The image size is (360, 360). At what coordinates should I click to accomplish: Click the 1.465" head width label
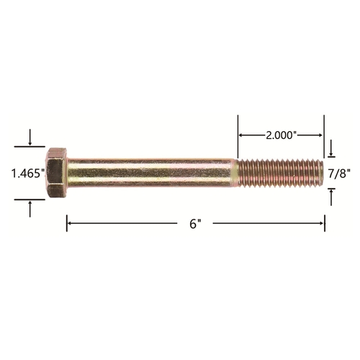[x=28, y=174]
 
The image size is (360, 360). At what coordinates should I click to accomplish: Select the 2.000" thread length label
[x=280, y=135]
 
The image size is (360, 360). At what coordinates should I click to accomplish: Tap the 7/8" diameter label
[x=339, y=174]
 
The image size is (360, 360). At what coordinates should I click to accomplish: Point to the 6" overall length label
[x=195, y=224]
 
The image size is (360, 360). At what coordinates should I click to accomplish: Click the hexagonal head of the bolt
[x=57, y=173]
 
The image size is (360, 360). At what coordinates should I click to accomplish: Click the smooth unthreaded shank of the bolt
[x=151, y=173]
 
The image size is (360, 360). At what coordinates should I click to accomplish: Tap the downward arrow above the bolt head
[x=30, y=138]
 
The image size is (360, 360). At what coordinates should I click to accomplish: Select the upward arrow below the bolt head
[x=30, y=209]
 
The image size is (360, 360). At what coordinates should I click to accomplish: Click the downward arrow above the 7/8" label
[x=331, y=148]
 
